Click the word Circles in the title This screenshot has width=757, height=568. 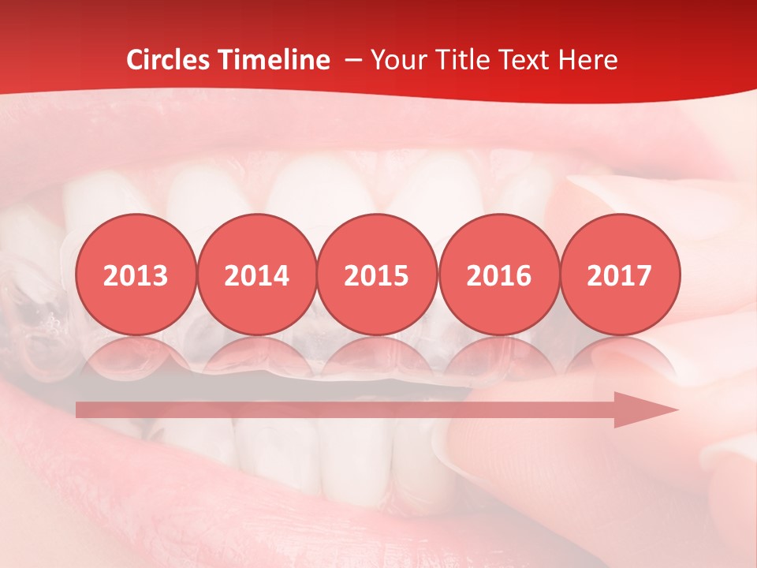pyautogui.click(x=168, y=60)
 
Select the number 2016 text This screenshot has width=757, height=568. pyautogui.click(x=498, y=276)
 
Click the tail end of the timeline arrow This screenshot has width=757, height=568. pyautogui.click(x=80, y=410)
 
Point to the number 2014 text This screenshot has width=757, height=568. pyautogui.click(x=256, y=276)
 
